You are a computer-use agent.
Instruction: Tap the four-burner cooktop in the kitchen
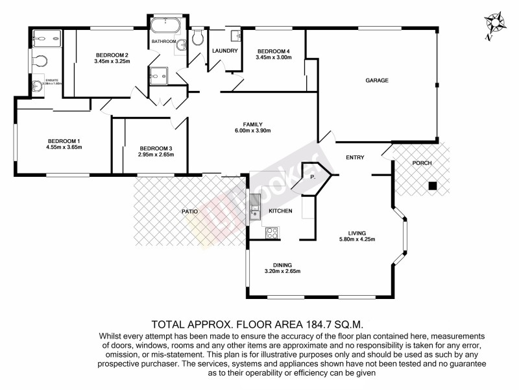[x=271, y=232]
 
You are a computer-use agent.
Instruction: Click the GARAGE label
[x=376, y=81]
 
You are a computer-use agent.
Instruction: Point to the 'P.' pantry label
[x=312, y=176]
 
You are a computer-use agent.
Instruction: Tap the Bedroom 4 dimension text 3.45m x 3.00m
[x=274, y=58]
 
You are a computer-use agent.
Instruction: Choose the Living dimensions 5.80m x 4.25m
[x=357, y=239]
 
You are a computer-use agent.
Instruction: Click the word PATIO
[x=189, y=211]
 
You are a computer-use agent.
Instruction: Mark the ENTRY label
[x=355, y=157]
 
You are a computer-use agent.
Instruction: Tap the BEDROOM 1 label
[x=64, y=141]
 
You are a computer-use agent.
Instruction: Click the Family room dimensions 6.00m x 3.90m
[x=252, y=131]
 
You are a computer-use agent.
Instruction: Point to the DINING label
[x=282, y=265]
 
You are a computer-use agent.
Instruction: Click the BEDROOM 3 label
[x=155, y=148]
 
